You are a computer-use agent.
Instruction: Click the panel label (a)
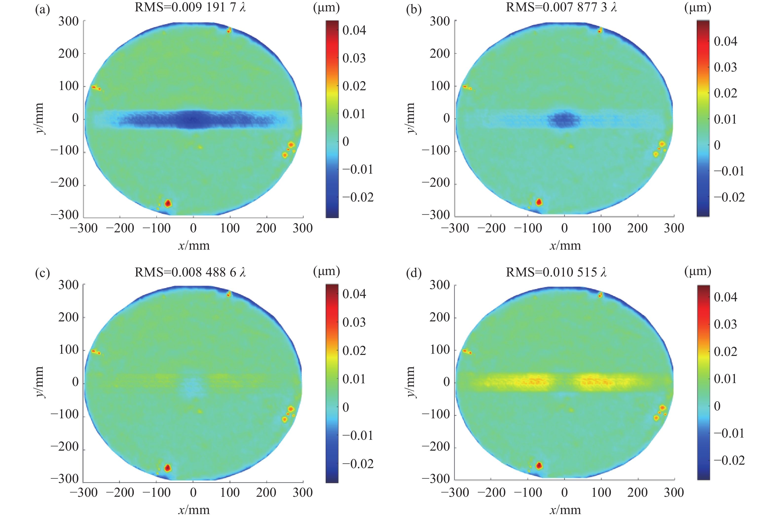[x=42, y=10]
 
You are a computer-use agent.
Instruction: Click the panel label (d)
[x=414, y=273]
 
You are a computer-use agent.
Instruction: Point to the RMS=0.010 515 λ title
[x=556, y=272]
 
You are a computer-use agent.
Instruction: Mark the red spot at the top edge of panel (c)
[x=229, y=294]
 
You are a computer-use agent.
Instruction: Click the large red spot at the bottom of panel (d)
[x=539, y=465]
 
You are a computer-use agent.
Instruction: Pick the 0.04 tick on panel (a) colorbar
[x=354, y=30]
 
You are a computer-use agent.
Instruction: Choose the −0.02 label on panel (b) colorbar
[x=729, y=197]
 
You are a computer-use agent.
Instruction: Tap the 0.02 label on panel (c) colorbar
[x=354, y=350]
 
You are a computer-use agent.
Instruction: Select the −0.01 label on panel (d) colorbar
[x=729, y=433]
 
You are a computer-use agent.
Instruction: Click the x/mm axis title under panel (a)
[x=194, y=245]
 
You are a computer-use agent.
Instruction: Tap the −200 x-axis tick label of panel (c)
[x=120, y=492]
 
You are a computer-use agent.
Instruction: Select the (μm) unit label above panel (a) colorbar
[x=326, y=8]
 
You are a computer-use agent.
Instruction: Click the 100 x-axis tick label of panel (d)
[x=601, y=492]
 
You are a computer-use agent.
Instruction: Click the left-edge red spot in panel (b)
[x=466, y=87]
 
